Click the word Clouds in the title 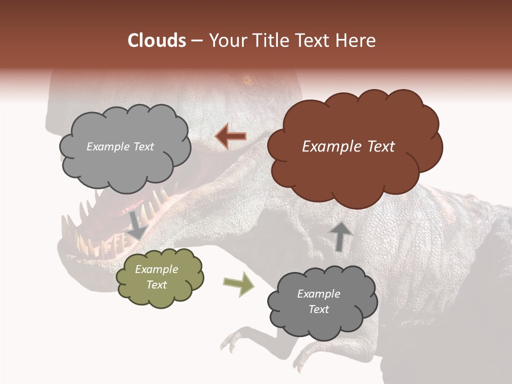157,41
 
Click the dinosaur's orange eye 246,81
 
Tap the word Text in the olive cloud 157,285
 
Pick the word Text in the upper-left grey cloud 143,147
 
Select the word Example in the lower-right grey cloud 318,294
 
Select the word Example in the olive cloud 157,269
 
